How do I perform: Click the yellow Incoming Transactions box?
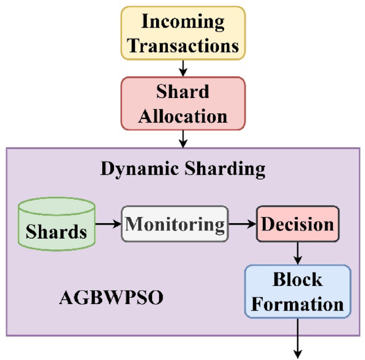pyautogui.click(x=183, y=32)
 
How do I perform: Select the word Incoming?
pyautogui.click(x=183, y=22)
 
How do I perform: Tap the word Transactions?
pyautogui.click(x=183, y=45)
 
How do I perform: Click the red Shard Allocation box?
pyautogui.click(x=183, y=103)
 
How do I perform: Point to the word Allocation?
pyautogui.click(x=183, y=116)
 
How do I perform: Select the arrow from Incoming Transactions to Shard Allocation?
pyautogui.click(x=183, y=68)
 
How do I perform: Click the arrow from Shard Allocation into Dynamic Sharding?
pyautogui.click(x=183, y=138)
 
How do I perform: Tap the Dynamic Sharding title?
pyautogui.click(x=183, y=169)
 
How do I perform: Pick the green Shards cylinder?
pyautogui.click(x=56, y=224)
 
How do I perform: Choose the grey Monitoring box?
pyautogui.click(x=174, y=224)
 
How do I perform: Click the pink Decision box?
pyautogui.click(x=297, y=224)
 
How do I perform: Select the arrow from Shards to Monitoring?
pyautogui.click(x=108, y=224)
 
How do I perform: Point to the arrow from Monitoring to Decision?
pyautogui.click(x=242, y=224)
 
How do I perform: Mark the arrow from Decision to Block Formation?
pyautogui.click(x=297, y=252)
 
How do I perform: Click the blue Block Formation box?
pyautogui.click(x=297, y=292)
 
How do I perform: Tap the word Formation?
pyautogui.click(x=297, y=304)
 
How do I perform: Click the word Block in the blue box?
pyautogui.click(x=297, y=280)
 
